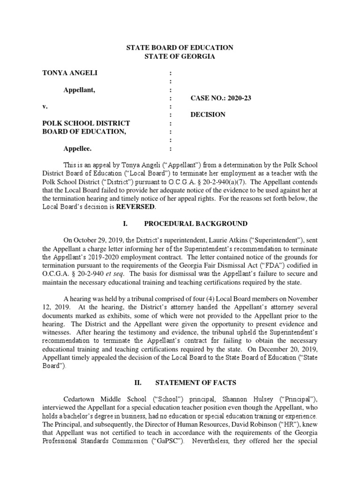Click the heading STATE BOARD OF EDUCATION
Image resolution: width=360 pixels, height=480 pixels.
180,48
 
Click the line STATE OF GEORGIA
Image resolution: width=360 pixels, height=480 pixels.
180,57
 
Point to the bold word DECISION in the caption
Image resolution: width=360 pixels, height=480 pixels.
208,115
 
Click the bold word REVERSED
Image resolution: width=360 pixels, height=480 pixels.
137,207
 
